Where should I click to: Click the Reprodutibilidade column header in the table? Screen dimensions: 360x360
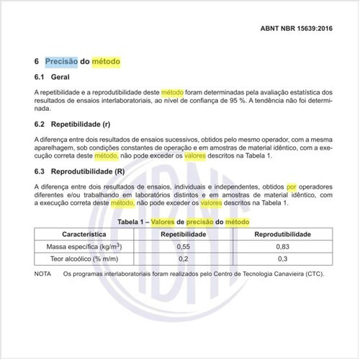coord(275,235)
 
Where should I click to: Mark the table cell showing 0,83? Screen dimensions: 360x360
coord(275,247)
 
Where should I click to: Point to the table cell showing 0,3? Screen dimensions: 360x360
coord(275,259)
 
